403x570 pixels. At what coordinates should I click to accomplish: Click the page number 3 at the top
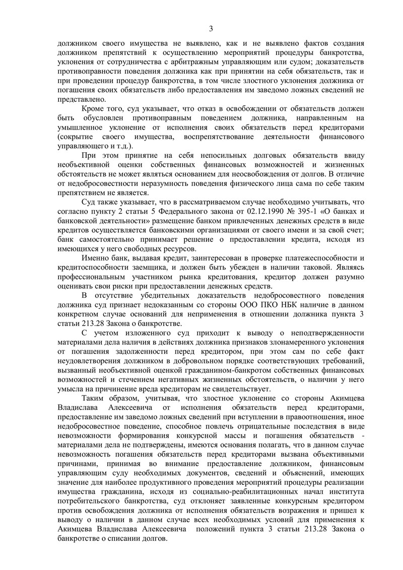coord(211,28)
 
